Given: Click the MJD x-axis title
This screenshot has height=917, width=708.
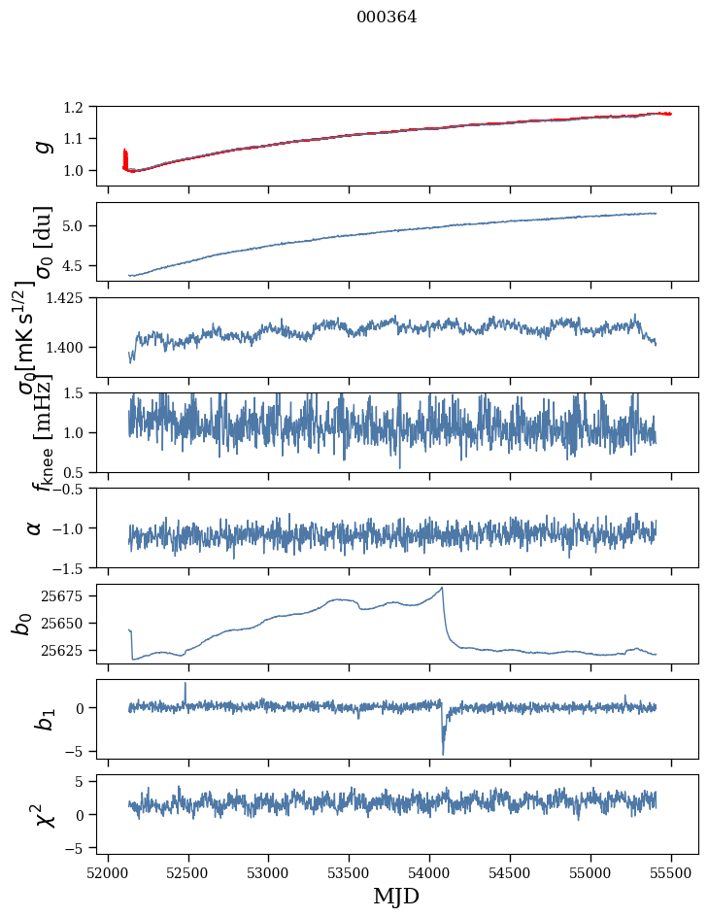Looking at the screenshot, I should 396,896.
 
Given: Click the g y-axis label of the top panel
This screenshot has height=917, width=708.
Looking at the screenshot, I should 41,146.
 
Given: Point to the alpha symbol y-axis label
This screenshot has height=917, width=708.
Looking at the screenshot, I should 34,527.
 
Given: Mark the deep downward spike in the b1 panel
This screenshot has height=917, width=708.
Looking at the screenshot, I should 443,753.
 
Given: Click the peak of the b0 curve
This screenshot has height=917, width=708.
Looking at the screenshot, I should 442,588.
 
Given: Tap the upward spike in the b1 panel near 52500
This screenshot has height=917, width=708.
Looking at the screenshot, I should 185,684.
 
